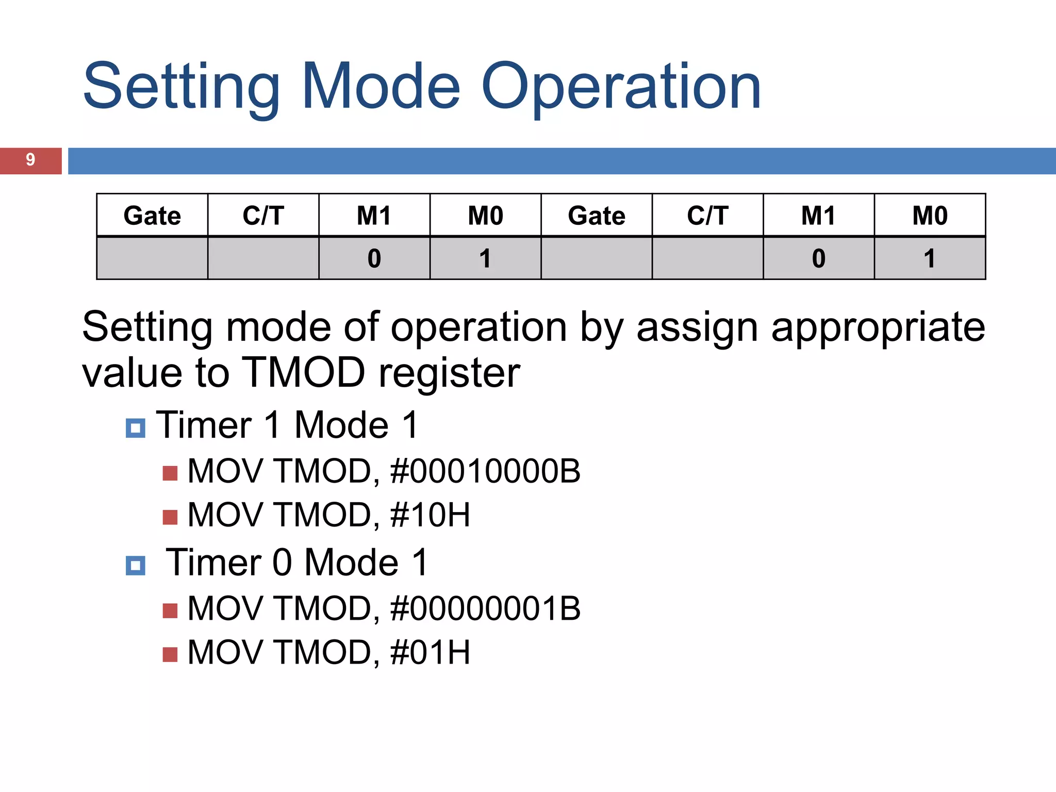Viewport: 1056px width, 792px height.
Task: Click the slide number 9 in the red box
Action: pyautogui.click(x=30, y=160)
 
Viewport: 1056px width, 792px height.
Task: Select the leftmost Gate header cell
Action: pyautogui.click(x=152, y=216)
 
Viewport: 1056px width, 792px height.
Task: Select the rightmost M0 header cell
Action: pyautogui.click(x=930, y=216)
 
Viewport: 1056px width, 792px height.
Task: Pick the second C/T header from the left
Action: pyautogui.click(x=707, y=216)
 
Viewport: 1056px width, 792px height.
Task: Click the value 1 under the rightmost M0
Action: pyautogui.click(x=929, y=258)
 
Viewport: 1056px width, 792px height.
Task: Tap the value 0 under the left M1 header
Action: pyautogui.click(x=374, y=258)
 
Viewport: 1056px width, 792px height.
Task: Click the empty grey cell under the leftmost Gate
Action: pyautogui.click(x=152, y=258)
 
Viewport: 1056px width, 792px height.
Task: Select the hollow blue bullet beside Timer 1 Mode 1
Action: pyautogui.click(x=136, y=428)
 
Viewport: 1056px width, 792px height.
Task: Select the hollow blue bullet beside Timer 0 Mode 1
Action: pyautogui.click(x=136, y=566)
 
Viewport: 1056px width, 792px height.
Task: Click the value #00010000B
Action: pyautogui.click(x=485, y=471)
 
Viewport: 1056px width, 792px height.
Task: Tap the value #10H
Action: pyautogui.click(x=430, y=515)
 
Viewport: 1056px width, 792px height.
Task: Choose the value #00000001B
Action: pyautogui.click(x=485, y=608)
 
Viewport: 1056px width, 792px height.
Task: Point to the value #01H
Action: pyautogui.click(x=430, y=652)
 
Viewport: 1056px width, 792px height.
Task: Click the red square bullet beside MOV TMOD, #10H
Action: pyautogui.click(x=170, y=517)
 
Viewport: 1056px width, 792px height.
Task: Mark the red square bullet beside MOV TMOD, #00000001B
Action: pyautogui.click(x=170, y=610)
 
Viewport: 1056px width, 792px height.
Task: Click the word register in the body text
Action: pyautogui.click(x=449, y=372)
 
